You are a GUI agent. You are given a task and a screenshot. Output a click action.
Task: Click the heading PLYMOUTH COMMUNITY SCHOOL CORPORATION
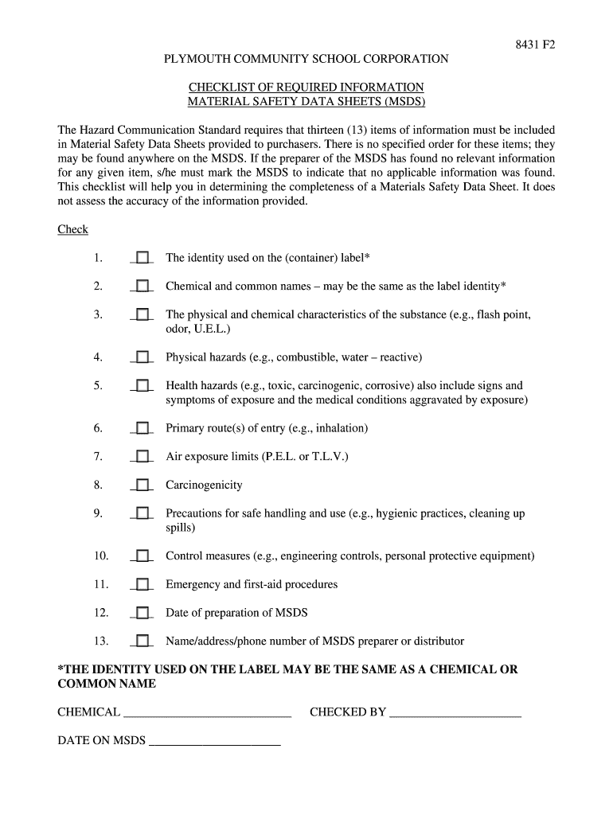point(306,59)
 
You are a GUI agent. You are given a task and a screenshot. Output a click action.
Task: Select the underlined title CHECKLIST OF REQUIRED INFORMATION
point(306,87)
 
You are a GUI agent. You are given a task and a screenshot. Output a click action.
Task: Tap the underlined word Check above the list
point(72,229)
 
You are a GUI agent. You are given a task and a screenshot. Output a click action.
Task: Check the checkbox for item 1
point(142,258)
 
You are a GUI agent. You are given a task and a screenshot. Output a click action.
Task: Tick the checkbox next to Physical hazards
point(142,357)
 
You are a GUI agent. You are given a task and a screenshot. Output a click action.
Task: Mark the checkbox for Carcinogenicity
point(142,485)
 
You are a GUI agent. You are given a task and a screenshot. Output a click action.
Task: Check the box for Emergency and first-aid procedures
point(142,584)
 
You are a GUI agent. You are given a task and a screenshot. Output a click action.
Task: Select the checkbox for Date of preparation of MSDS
point(142,613)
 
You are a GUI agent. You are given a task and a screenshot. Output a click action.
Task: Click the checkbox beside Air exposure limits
point(142,457)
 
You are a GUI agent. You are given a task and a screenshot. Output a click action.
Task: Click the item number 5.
point(97,385)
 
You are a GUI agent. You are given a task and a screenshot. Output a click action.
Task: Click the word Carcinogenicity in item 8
point(204,485)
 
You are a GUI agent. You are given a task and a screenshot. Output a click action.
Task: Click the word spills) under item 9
point(181,528)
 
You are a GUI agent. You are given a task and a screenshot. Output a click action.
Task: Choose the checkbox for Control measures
point(142,556)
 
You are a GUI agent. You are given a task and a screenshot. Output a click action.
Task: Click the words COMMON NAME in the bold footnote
point(107,684)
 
